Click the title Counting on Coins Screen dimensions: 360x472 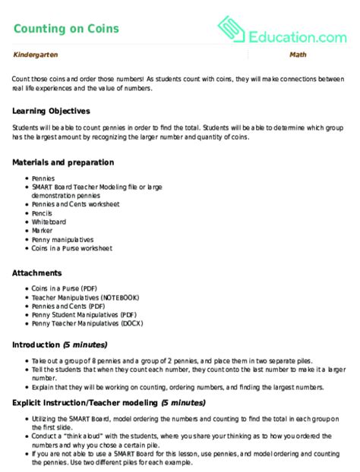[66, 29]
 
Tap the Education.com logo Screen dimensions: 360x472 [282, 30]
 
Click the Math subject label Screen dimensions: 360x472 [297, 55]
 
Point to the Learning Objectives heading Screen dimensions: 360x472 [52, 111]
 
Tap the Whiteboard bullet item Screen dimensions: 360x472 [49, 222]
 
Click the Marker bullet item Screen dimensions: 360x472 [43, 230]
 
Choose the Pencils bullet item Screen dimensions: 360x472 [44, 212]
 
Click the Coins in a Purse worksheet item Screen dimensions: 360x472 [71, 248]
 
